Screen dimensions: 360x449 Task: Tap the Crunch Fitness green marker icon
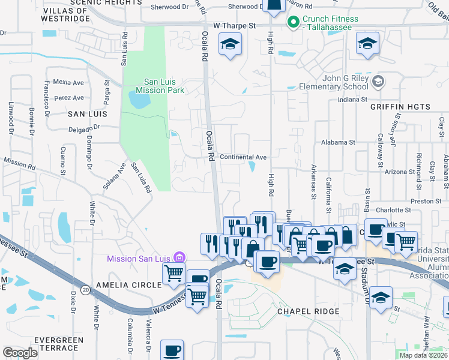pyautogui.click(x=294, y=23)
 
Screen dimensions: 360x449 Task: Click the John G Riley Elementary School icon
pyautogui.click(x=378, y=81)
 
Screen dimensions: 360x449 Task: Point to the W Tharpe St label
pyautogui.click(x=235, y=26)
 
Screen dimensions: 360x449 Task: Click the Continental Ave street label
pyautogui.click(x=243, y=157)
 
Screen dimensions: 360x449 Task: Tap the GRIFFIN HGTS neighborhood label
pyautogui.click(x=400, y=107)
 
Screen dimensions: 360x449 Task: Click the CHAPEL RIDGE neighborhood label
pyautogui.click(x=308, y=312)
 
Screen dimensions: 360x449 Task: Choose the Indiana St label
pyautogui.click(x=352, y=100)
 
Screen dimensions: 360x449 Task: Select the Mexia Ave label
pyautogui.click(x=68, y=82)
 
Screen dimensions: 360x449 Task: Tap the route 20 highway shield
pyautogui.click(x=86, y=290)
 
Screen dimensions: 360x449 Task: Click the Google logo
pyautogui.click(x=20, y=353)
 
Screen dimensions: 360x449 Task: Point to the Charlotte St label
pyautogui.click(x=393, y=211)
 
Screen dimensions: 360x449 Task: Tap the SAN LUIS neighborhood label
pyautogui.click(x=87, y=113)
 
